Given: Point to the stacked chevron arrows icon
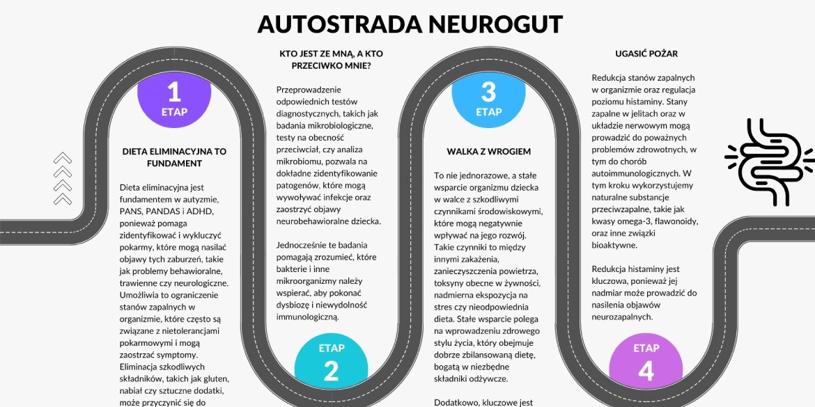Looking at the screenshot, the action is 63,178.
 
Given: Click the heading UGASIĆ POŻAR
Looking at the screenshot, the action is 646,54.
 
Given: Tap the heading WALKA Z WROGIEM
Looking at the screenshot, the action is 488,152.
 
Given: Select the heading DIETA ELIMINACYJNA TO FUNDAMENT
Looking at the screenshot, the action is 174,157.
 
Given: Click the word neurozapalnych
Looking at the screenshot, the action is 619,317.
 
